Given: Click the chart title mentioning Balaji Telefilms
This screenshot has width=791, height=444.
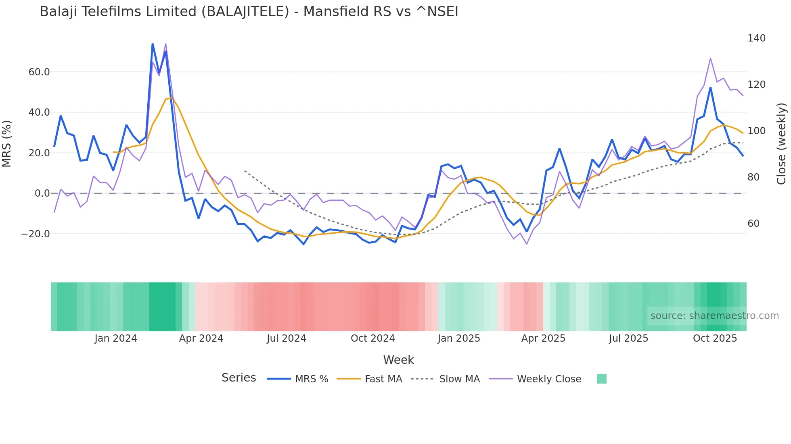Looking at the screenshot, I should (249, 12).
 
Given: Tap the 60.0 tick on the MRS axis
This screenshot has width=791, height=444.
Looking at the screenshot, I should (39, 72).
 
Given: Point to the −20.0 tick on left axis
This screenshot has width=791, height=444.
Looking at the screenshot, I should (35, 234).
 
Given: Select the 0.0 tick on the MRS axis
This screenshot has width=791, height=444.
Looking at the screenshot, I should (42, 193).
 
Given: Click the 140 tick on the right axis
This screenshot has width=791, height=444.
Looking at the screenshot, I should (756, 38).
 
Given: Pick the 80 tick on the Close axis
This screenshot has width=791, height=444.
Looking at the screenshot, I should (753, 177).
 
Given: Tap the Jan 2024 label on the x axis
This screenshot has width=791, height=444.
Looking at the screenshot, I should (116, 338).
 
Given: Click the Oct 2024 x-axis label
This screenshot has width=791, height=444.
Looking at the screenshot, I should (372, 338).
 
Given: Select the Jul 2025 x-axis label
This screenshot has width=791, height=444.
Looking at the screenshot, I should (628, 338).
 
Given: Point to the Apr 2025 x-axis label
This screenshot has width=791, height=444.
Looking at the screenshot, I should (543, 338).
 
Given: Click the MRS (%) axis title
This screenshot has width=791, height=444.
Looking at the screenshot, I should (7, 144).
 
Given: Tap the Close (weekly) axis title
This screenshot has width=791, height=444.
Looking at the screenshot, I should (782, 144).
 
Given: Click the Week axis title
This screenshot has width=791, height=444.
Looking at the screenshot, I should (398, 360).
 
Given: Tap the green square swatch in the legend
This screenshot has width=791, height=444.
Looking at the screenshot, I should (601, 379).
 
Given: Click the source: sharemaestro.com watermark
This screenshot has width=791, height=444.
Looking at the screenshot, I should (714, 316).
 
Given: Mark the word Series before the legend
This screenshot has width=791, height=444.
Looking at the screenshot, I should (239, 378).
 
